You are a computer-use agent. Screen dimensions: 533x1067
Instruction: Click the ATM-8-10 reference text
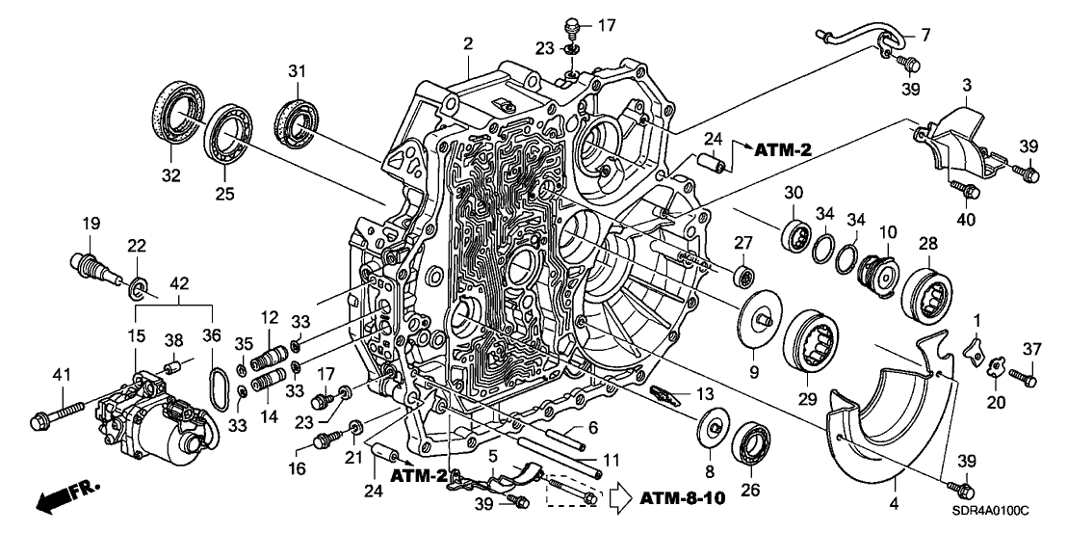(x=679, y=498)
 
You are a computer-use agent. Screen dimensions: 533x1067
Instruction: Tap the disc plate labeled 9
(x=758, y=315)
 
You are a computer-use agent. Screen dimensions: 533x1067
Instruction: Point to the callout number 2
(x=468, y=43)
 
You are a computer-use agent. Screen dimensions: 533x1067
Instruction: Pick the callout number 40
(x=966, y=220)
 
